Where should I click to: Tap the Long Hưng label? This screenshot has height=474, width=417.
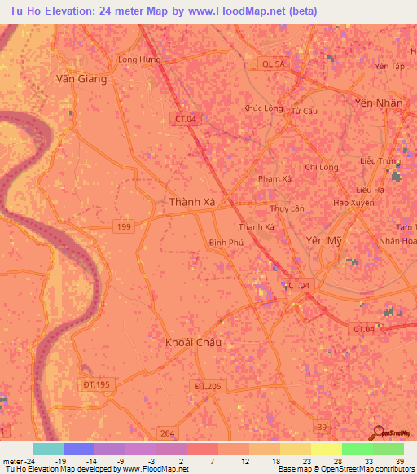click(139, 59)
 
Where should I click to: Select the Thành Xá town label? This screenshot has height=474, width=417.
click(191, 202)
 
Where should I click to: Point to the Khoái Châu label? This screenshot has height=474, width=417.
click(193, 342)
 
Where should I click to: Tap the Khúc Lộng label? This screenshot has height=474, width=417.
click(263, 108)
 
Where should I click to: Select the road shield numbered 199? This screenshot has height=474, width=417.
click(125, 226)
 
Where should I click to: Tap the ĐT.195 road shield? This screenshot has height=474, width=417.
click(95, 384)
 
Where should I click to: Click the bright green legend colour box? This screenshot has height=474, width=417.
click(357, 449)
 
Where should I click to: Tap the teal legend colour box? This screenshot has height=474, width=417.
click(47, 449)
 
